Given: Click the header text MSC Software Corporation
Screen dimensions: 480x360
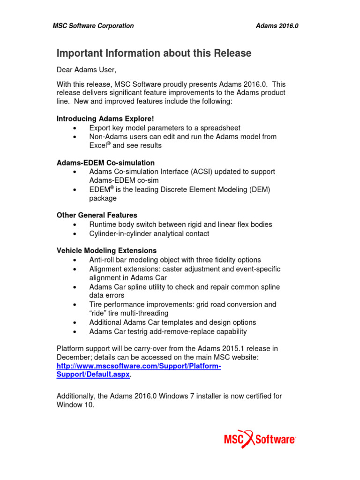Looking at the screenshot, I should click(93, 26).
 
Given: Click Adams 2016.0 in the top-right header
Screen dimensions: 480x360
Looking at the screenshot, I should click(277, 26).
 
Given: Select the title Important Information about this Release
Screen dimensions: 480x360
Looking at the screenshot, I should click(154, 53).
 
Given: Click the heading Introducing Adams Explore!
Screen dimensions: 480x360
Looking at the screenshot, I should click(105, 119).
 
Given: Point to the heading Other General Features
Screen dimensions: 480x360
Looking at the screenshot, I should click(97, 216).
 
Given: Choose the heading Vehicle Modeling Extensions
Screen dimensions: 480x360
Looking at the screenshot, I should click(107, 251).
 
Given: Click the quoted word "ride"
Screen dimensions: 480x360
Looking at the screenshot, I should click(99, 313).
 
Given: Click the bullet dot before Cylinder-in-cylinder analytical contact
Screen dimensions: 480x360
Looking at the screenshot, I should click(75, 234).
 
